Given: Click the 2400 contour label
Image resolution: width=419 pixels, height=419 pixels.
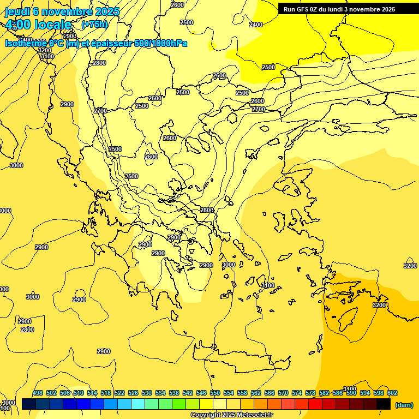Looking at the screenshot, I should click(x=255, y=25).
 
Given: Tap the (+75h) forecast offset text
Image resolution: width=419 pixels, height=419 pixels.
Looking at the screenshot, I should click(x=94, y=25).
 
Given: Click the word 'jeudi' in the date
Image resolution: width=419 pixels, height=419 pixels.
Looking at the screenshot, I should click(x=17, y=11).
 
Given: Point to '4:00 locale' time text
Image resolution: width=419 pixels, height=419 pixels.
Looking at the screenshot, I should click(x=38, y=25).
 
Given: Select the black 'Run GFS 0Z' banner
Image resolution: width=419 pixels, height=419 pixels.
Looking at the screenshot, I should click(x=339, y=9).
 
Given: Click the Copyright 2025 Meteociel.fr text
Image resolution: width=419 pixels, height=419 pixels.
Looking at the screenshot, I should click(x=231, y=415).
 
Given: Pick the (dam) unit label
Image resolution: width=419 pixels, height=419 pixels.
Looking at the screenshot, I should click(x=404, y=405).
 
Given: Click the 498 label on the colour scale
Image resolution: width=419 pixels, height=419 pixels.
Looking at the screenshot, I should click(x=38, y=393).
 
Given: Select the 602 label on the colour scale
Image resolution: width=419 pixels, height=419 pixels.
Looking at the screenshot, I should click(x=392, y=393).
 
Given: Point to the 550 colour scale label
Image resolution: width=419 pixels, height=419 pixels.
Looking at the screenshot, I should click(x=215, y=393).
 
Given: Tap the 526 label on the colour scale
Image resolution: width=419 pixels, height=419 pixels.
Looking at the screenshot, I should click(x=133, y=393).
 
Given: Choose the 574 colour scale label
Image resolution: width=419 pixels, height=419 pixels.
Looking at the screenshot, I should click(x=297, y=393).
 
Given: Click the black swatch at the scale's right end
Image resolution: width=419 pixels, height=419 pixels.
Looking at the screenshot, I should click(x=384, y=404).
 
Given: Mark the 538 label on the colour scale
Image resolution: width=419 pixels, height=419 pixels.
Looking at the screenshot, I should click(x=174, y=393).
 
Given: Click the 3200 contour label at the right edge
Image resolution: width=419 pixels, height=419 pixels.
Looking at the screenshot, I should click(x=410, y=266).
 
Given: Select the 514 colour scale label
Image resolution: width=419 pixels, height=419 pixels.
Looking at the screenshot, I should click(x=92, y=393).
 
